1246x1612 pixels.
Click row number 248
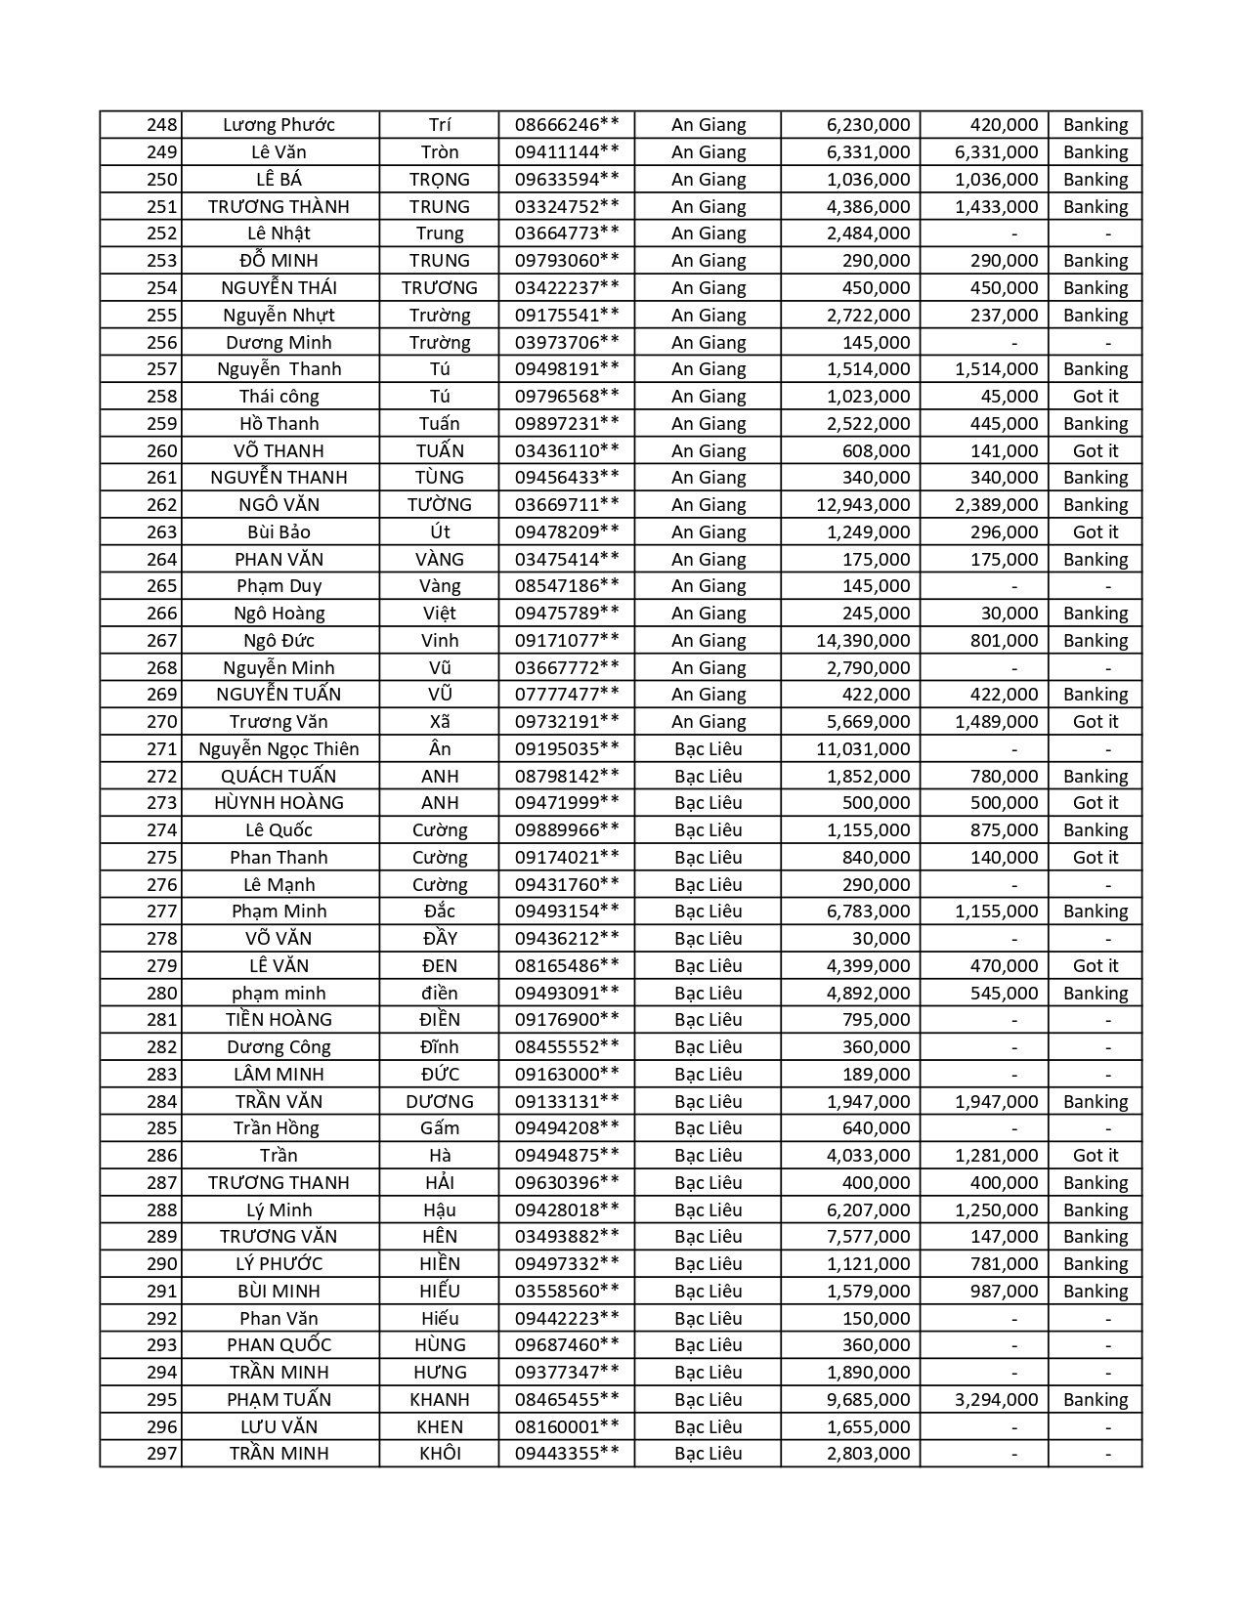pyautogui.click(x=162, y=125)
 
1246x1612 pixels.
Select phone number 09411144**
pyautogui.click(x=567, y=152)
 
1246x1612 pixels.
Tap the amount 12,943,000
pyautogui.click(x=863, y=505)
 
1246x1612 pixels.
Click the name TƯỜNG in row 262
pyautogui.click(x=440, y=505)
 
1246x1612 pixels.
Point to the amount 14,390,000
pyautogui.click(x=863, y=641)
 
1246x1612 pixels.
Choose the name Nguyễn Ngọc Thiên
pyautogui.click(x=279, y=749)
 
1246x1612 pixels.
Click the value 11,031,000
pyautogui.click(x=863, y=749)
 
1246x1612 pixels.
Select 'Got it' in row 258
pyautogui.click(x=1095, y=397)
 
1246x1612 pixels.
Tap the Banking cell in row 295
pyautogui.click(x=1095, y=1400)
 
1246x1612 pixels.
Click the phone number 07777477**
pyautogui.click(x=567, y=695)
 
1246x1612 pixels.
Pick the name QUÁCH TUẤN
pyautogui.click(x=279, y=777)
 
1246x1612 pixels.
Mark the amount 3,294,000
pyautogui.click(x=996, y=1400)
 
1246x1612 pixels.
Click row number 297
pyautogui.click(x=162, y=1454)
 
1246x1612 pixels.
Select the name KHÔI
pyautogui.click(x=440, y=1454)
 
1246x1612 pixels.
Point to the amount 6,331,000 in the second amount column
pyautogui.click(x=996, y=152)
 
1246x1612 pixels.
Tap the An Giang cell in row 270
pyautogui.click(x=709, y=722)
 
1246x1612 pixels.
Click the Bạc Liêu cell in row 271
pyautogui.click(x=709, y=749)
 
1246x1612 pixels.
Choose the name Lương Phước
pyautogui.click(x=279, y=125)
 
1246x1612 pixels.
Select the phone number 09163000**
pyautogui.click(x=567, y=1075)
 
